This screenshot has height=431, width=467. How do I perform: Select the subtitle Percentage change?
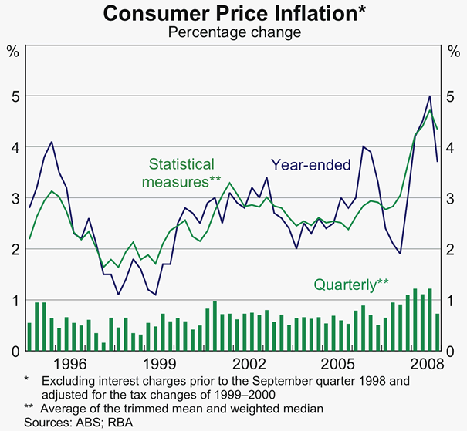pos(233,32)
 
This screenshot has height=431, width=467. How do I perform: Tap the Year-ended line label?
pos(310,164)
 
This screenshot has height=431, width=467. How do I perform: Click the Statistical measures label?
pos(183,172)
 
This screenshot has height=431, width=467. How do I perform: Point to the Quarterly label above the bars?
pos(350,285)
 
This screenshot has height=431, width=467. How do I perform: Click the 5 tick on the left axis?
pos(13,96)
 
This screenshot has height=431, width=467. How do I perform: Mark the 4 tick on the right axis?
pos(453,147)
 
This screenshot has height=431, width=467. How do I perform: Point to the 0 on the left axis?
pos(13,351)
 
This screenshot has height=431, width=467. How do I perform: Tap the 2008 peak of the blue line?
pos(430,96)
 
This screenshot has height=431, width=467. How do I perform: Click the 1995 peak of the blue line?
pos(51,142)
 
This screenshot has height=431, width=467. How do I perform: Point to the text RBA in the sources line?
pos(121,421)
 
